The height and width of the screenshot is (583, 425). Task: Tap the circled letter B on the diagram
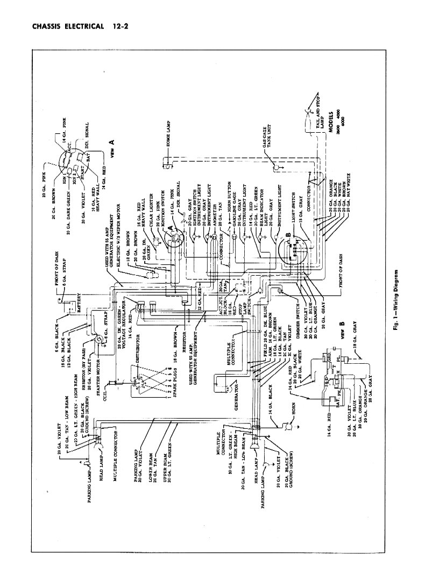click(x=289, y=236)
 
